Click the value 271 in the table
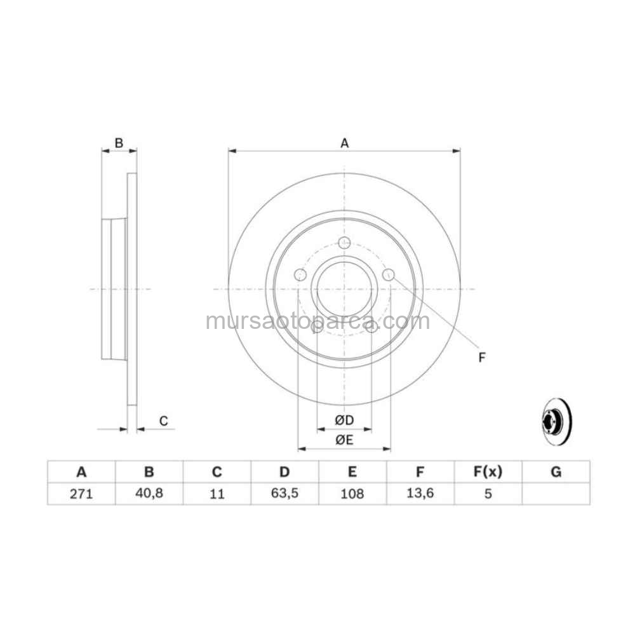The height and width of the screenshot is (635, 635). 81,493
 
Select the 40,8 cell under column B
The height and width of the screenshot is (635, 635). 149,493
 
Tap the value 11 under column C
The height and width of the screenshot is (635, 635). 217,493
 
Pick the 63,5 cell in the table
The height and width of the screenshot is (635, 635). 284,493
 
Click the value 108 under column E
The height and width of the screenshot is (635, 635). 352,493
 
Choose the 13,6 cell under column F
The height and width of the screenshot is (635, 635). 420,493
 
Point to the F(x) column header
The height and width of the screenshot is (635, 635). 488,472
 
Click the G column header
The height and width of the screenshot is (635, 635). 556,472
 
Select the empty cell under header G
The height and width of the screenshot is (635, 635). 556,493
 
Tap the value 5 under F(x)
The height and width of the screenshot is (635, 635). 488,493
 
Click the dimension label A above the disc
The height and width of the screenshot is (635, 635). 344,144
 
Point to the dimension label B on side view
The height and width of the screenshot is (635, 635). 119,144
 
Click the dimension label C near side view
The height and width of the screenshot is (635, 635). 163,420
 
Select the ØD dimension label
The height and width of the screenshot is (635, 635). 344,420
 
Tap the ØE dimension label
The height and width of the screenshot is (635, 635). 344,440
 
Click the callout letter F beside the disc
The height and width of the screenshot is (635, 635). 481,358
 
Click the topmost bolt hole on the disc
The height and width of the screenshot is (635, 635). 344,242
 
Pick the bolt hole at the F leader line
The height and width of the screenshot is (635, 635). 389,274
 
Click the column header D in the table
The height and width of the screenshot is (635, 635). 284,472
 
